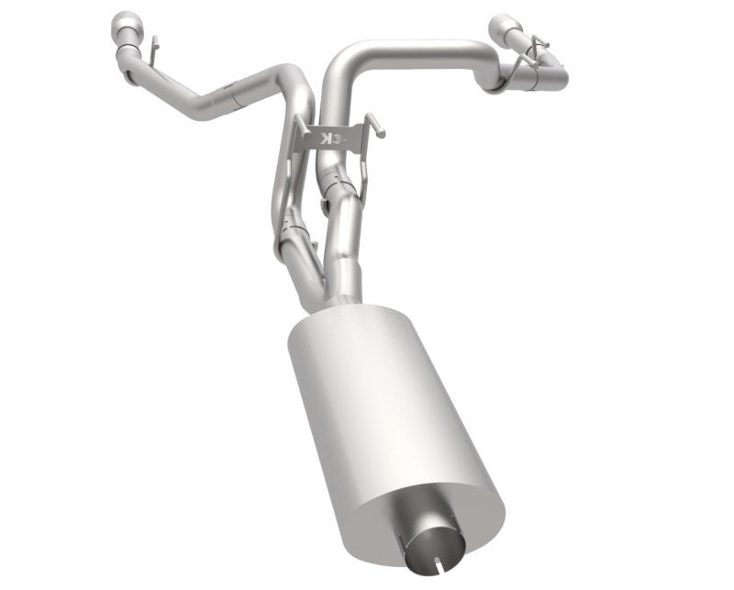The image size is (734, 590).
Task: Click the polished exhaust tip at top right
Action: click(507, 27)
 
